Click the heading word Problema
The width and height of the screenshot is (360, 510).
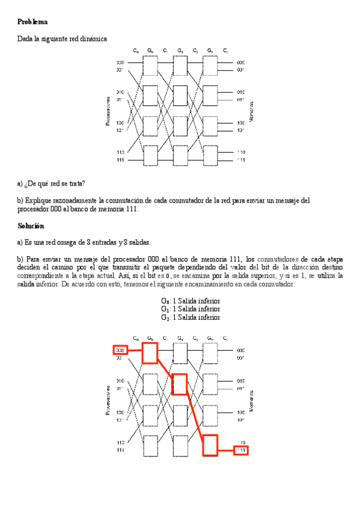pos(32,22)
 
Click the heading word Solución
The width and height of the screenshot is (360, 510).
pos(31,226)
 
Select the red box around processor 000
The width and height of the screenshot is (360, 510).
pos(120,350)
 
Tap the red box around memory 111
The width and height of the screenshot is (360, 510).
pos(241,450)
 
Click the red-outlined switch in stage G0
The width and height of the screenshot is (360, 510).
pos(150,352)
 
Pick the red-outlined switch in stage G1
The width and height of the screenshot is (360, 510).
pos(180,384)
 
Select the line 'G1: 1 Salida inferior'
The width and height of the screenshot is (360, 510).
pos(190,309)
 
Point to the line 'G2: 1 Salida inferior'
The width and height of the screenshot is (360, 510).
pos(190,317)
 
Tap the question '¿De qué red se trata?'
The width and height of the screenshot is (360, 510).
pos(54,183)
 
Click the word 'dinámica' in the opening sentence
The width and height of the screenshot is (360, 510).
pos(93,38)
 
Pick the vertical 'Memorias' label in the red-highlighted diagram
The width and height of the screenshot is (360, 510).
pos(251,399)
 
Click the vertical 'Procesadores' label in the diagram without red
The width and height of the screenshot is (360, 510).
pos(108,112)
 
